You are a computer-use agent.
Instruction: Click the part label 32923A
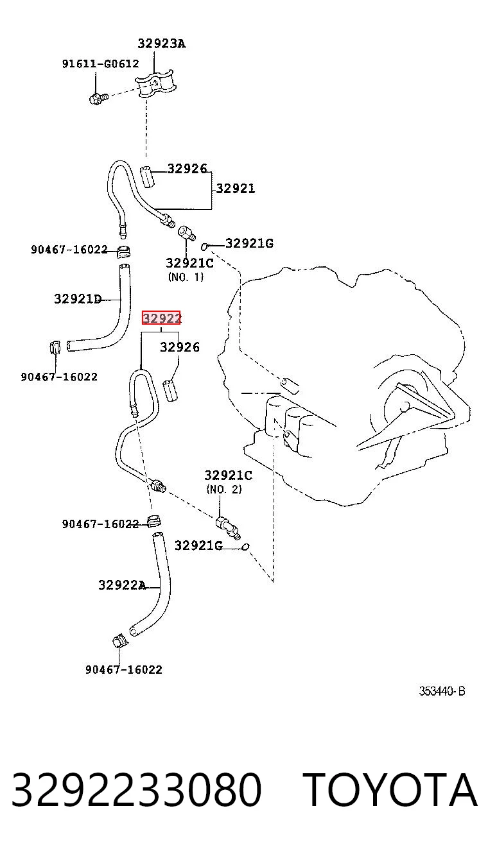point(161,44)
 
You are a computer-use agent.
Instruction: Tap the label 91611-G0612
point(101,64)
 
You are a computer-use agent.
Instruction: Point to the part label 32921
point(235,189)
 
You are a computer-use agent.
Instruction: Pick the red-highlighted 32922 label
point(161,318)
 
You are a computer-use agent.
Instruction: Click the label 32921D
point(78,299)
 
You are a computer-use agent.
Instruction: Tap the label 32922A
point(122,585)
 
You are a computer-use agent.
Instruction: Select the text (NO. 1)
point(186,277)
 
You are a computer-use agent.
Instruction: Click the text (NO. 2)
point(224,489)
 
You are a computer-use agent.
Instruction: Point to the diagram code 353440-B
point(442,691)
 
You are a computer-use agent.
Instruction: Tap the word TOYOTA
point(390,791)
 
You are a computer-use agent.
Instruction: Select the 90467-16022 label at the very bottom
point(124,669)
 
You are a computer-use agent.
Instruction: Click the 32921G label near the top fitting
point(249,243)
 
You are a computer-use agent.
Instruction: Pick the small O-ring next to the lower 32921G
point(246,547)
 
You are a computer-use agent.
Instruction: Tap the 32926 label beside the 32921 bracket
point(187,169)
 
